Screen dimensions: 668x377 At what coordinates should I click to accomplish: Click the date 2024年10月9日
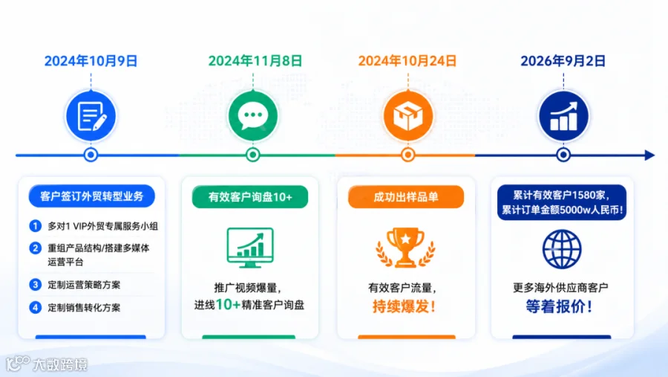91,61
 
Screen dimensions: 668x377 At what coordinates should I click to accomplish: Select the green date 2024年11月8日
255,61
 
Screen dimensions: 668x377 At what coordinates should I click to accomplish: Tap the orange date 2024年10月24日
407,61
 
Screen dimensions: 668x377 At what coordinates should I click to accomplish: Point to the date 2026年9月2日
563,61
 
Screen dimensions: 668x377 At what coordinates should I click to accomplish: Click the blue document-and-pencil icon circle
91,116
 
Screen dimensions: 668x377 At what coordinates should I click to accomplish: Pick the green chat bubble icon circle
253,116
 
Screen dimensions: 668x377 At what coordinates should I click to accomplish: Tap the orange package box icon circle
408,116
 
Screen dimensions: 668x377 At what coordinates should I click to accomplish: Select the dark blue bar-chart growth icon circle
563,116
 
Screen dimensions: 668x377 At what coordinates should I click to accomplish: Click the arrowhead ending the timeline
649,155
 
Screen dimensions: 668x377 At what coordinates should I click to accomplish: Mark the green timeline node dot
253,155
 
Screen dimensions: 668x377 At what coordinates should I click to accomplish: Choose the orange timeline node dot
408,155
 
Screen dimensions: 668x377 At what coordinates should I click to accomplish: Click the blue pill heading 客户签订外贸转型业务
91,196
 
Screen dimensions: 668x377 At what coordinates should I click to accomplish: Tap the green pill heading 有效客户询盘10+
250,197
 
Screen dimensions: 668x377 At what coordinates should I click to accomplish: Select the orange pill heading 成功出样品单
406,197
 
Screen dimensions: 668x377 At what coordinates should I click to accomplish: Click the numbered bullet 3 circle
36,284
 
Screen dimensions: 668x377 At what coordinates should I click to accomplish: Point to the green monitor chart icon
250,248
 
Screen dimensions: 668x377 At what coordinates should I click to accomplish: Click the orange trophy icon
405,248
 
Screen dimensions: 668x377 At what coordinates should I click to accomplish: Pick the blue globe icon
562,249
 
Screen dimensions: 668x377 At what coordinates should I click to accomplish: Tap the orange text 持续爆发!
405,306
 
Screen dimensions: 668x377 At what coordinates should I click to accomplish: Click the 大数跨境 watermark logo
47,364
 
